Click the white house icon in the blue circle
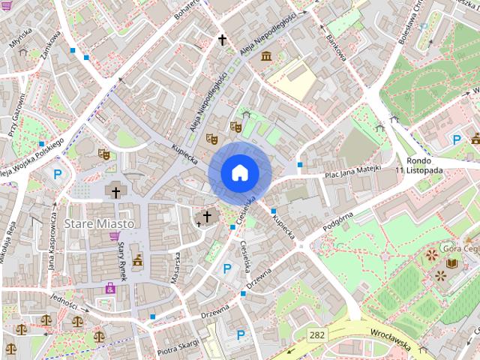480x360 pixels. (239, 173)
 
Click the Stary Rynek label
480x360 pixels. (121, 260)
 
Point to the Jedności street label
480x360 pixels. (64, 301)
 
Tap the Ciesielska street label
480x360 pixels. (246, 259)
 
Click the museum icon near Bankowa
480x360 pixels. (266, 56)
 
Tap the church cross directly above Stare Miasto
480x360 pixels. (115, 193)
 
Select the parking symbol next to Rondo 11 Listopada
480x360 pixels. (457, 139)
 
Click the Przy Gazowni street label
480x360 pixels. (16, 116)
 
